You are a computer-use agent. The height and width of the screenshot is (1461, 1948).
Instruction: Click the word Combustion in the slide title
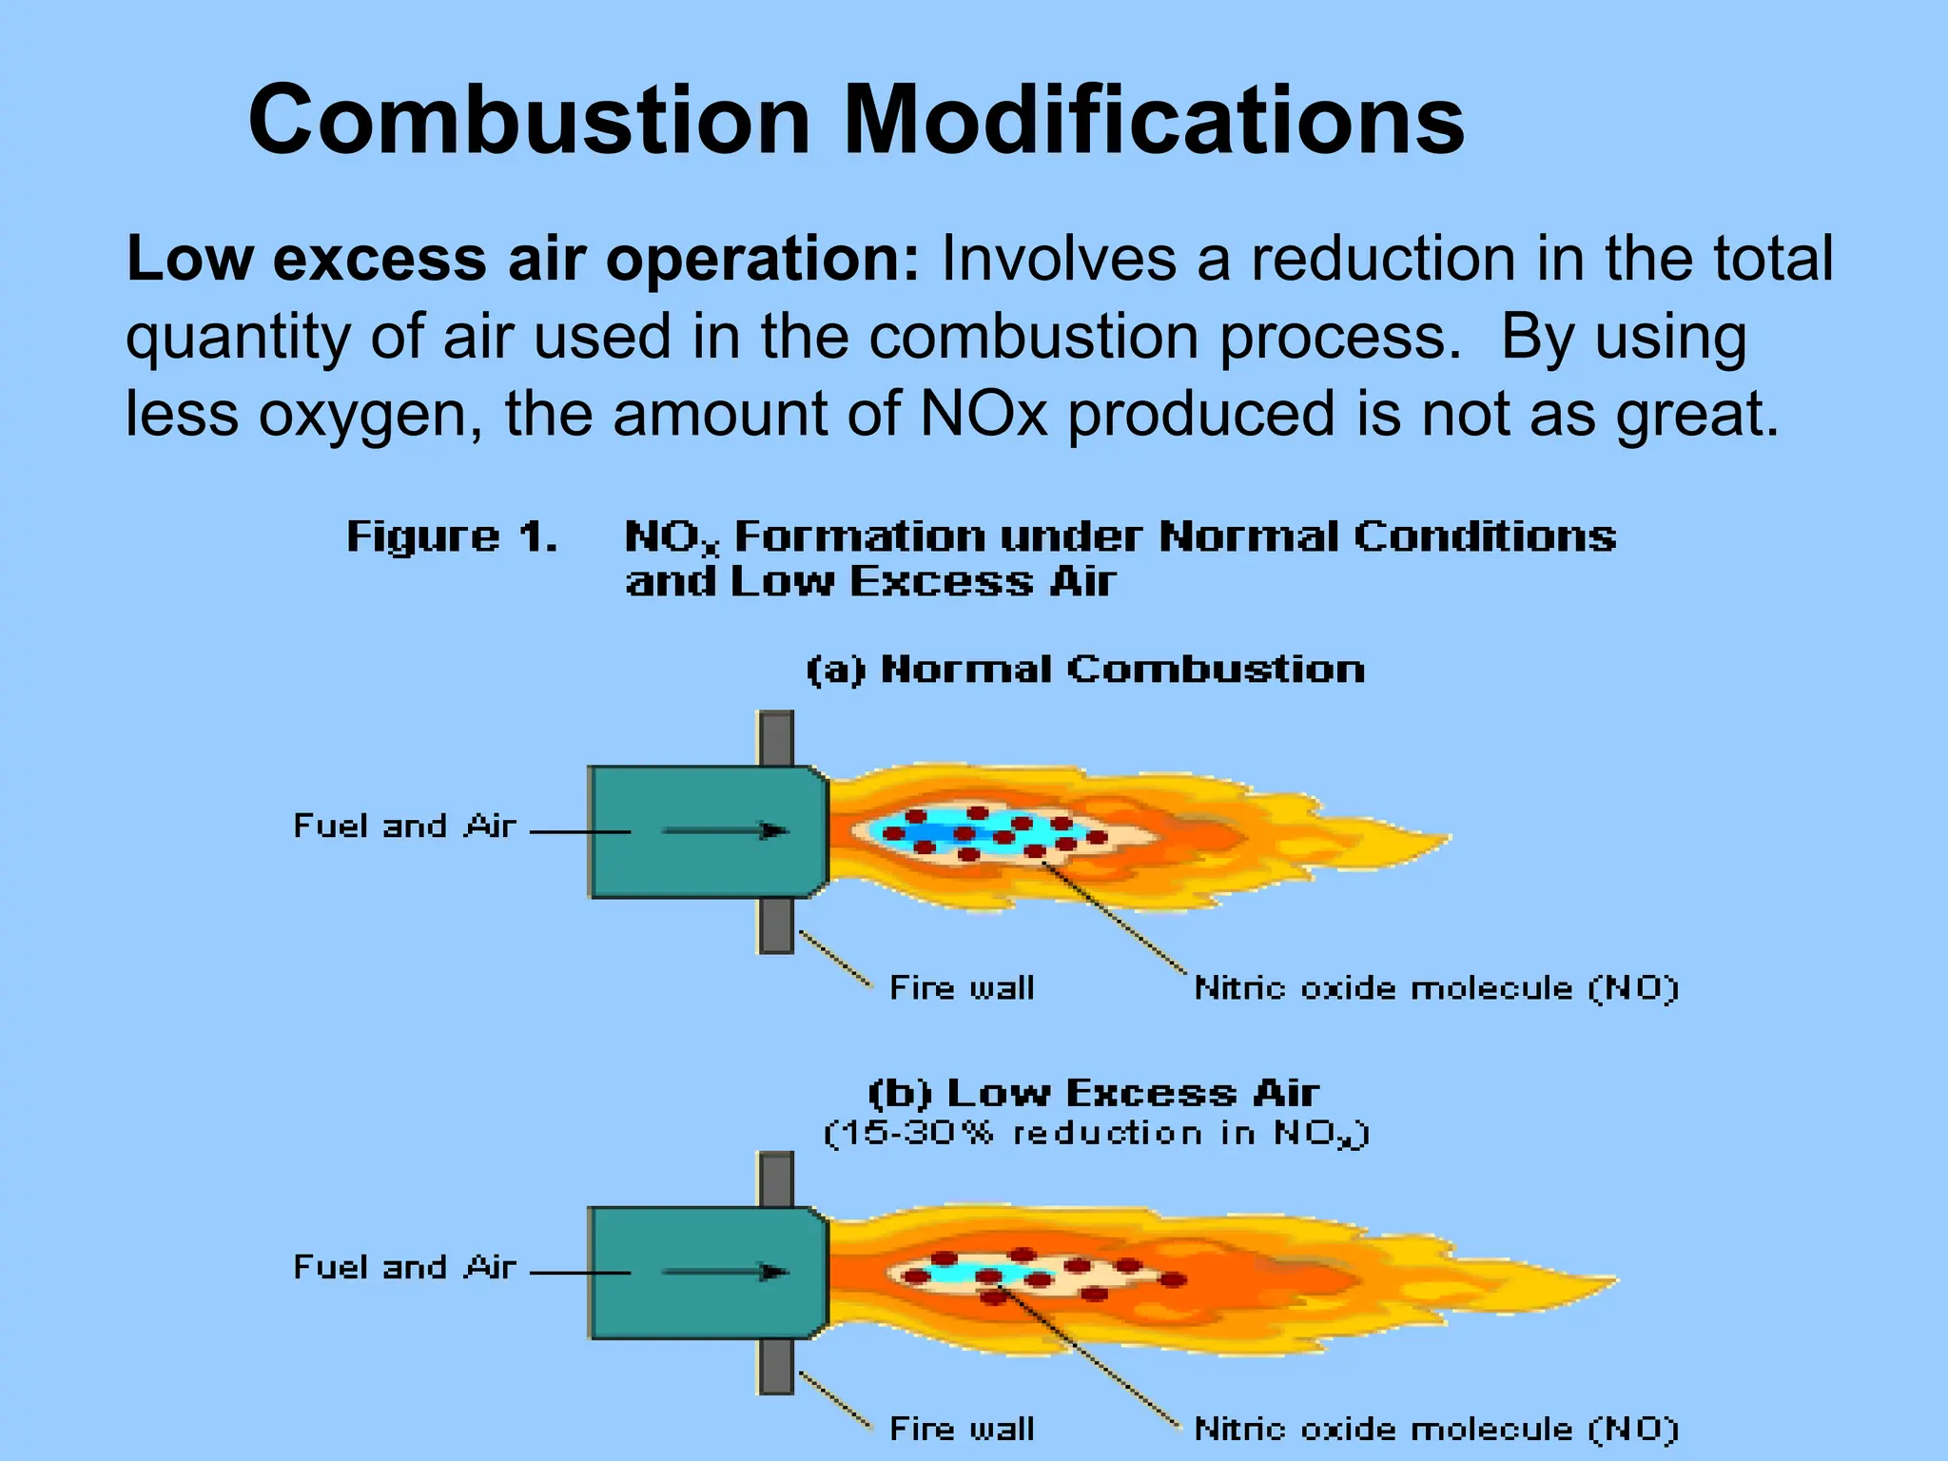[529, 121]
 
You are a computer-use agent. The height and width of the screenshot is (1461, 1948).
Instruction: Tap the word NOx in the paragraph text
[984, 414]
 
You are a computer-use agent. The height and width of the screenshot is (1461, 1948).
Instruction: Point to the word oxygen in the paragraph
[371, 416]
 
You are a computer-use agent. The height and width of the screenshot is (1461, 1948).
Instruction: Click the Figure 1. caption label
[452, 537]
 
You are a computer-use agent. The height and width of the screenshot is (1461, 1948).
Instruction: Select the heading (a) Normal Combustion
[1085, 670]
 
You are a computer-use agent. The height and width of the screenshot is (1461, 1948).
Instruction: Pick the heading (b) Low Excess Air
[1094, 1093]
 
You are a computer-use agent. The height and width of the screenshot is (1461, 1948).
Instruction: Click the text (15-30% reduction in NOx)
[1096, 1134]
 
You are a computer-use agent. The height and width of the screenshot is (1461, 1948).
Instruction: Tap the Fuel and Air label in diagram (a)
[405, 826]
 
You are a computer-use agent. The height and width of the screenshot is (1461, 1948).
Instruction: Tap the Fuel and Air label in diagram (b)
[405, 1267]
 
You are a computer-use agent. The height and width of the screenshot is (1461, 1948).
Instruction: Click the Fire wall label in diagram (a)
[962, 988]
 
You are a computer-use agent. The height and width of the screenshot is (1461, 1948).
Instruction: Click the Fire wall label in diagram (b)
[962, 1429]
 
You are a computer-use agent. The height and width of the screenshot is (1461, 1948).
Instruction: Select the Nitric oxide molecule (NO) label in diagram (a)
[1436, 988]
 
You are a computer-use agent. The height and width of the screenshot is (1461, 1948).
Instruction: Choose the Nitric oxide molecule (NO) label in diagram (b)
[1436, 1429]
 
